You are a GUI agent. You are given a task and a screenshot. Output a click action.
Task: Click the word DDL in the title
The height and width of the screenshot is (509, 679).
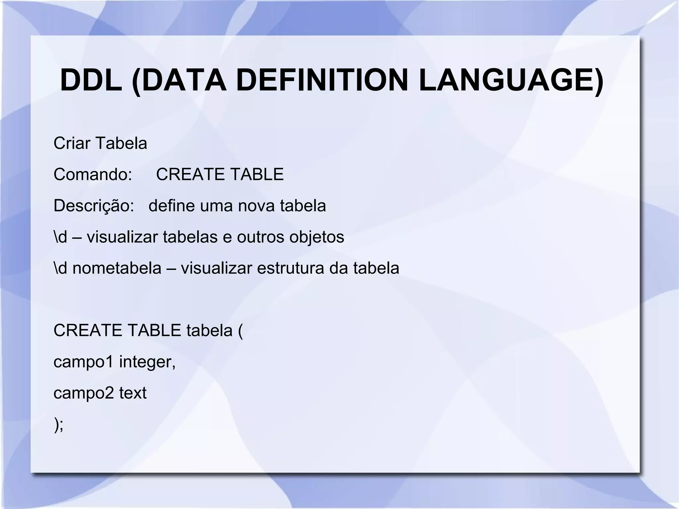(91, 81)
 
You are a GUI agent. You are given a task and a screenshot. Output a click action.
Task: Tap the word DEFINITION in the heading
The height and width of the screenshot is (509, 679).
(322, 81)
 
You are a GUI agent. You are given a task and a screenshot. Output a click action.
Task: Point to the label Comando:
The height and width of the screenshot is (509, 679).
(93, 174)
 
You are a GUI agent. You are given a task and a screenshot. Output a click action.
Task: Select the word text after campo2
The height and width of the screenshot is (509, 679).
(133, 393)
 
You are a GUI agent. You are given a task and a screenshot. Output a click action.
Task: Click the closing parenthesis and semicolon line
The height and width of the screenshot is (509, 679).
(58, 424)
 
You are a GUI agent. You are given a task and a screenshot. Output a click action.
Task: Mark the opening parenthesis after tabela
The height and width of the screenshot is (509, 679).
(240, 331)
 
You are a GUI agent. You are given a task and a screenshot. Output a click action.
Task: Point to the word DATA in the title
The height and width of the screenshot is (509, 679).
(179, 81)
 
